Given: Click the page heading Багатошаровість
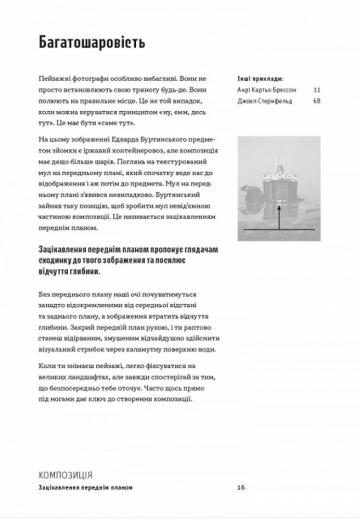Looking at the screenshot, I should (92, 43).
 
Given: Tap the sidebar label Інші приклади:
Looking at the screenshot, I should (260, 80).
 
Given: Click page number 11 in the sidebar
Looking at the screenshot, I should (317, 90).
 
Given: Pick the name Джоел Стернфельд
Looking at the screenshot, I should (264, 101).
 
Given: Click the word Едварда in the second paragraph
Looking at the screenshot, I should (120, 140).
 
